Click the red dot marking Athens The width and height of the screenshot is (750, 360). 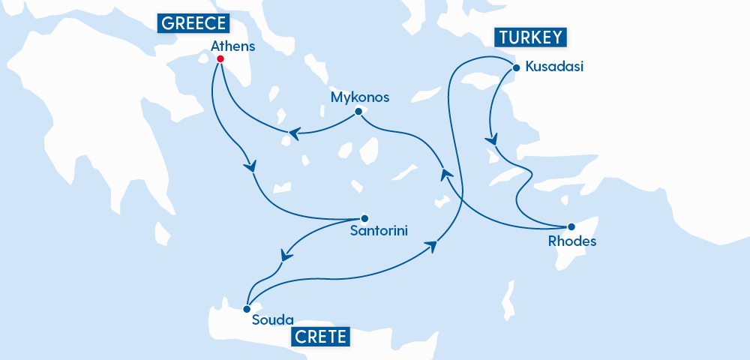pos(220,58)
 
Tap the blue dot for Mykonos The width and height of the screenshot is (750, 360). pos(358,112)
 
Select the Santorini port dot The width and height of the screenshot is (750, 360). pos(364,218)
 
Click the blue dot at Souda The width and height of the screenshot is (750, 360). pos(247,308)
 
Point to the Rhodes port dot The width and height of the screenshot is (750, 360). pos(571,226)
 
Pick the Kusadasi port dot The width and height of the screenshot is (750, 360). pos(515,68)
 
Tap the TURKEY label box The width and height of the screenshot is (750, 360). pos(529,38)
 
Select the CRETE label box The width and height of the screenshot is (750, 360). pos(320,337)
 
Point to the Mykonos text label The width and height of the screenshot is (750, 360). pos(360,97)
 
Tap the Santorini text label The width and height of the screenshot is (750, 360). pos(379,232)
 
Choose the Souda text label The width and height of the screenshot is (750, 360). pos(272,320)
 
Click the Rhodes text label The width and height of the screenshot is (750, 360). pos(572,241)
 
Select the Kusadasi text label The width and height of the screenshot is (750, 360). pos(554,67)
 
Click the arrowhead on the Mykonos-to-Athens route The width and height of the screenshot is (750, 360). pos(294,134)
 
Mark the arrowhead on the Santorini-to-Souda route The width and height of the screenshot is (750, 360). pos(285,255)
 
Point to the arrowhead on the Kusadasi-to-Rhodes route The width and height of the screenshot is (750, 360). pos(492,140)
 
